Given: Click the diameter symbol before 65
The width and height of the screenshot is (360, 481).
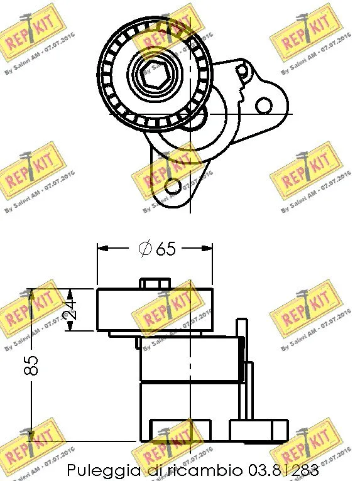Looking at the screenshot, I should pyautogui.click(x=145, y=249).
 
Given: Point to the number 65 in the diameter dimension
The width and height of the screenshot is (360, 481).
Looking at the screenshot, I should pyautogui.click(x=165, y=249).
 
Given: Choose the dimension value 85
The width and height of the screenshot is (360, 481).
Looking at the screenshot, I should pyautogui.click(x=36, y=365).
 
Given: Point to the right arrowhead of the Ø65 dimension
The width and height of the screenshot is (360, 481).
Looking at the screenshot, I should pyautogui.click(x=210, y=248).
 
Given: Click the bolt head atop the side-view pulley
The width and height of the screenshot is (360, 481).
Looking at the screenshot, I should pyautogui.click(x=155, y=284).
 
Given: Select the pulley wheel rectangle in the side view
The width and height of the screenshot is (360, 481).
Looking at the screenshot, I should pyautogui.click(x=155, y=310).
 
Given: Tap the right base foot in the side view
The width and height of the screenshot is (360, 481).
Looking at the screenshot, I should pyautogui.click(x=258, y=431).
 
